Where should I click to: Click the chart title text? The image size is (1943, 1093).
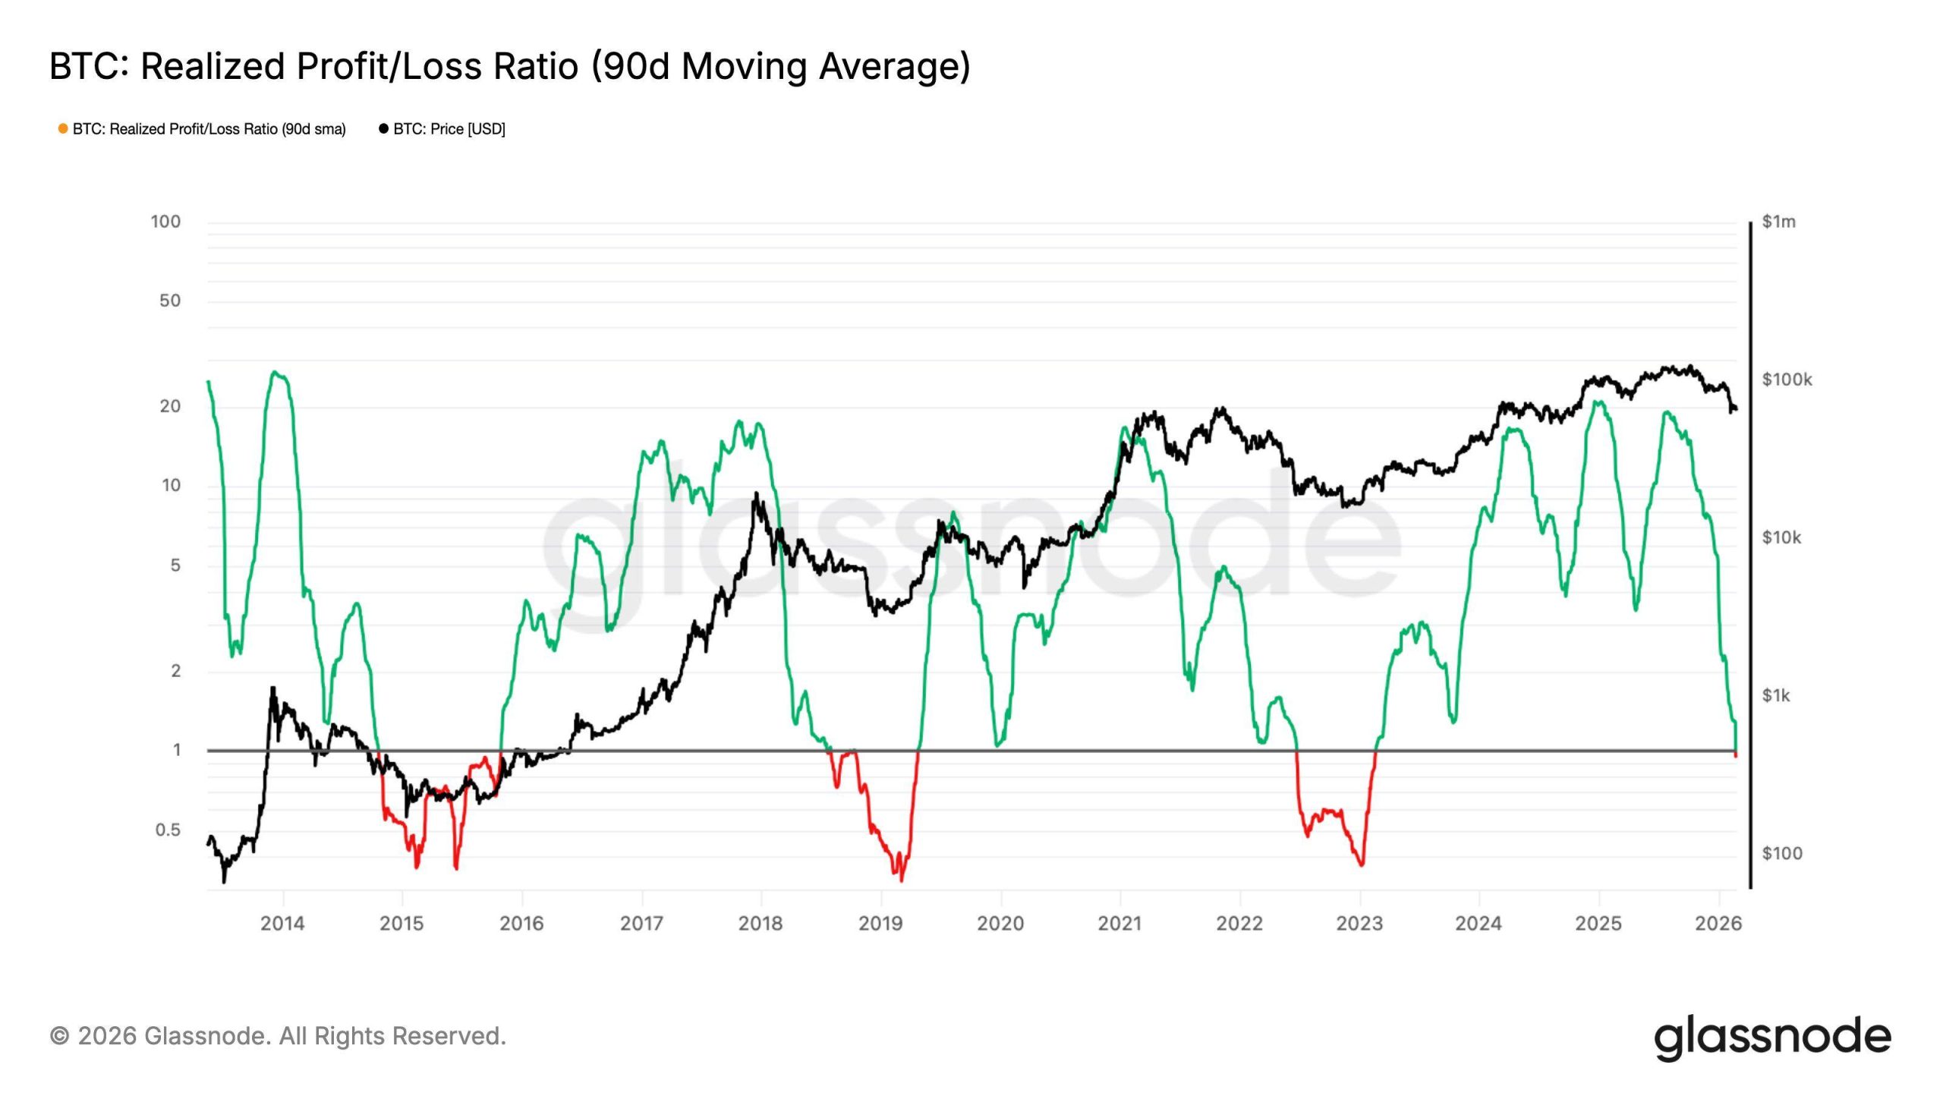pyautogui.click(x=509, y=66)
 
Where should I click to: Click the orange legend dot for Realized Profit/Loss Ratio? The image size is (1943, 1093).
pyautogui.click(x=63, y=129)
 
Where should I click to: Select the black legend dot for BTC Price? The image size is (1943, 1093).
pyautogui.click(x=383, y=129)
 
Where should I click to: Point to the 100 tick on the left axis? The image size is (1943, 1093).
pyautogui.click(x=165, y=222)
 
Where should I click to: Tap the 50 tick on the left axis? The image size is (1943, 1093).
pyautogui.click(x=170, y=301)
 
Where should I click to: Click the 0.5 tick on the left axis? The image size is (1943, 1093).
pyautogui.click(x=168, y=830)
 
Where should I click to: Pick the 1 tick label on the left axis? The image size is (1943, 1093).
pyautogui.click(x=177, y=750)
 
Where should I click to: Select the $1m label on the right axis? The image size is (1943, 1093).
pyautogui.click(x=1778, y=222)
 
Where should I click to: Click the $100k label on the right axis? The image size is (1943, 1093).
pyautogui.click(x=1786, y=380)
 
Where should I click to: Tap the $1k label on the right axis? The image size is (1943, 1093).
pyautogui.click(x=1775, y=695)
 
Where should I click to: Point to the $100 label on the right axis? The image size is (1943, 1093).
pyautogui.click(x=1781, y=853)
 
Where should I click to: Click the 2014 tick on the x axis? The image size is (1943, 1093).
pyautogui.click(x=282, y=923)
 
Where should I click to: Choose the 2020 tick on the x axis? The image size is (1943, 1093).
pyautogui.click(x=1000, y=923)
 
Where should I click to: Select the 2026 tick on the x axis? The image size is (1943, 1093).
pyautogui.click(x=1718, y=923)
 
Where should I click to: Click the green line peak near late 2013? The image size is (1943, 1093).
pyautogui.click(x=276, y=372)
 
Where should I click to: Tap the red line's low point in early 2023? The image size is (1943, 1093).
pyautogui.click(x=1362, y=865)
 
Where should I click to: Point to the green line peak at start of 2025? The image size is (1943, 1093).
pyautogui.click(x=1598, y=402)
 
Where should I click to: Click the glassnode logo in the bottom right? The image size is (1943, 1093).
pyautogui.click(x=1772, y=1037)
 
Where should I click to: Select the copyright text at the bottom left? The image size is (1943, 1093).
pyautogui.click(x=278, y=1036)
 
